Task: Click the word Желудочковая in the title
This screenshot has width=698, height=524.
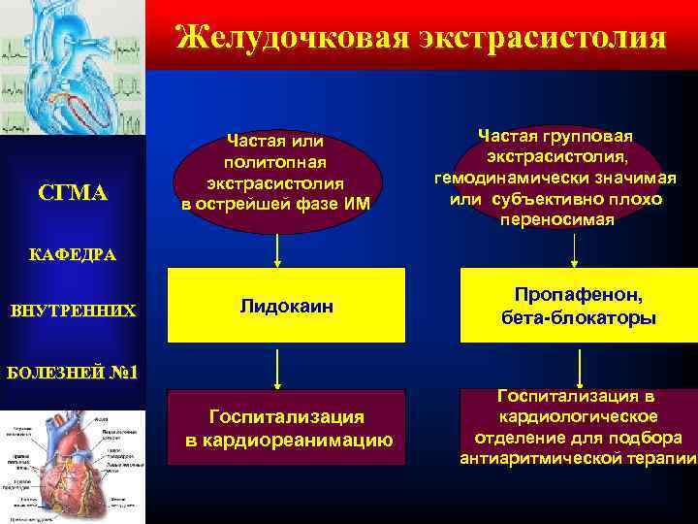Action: point(292,38)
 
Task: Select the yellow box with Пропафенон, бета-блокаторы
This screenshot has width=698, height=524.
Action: point(578,307)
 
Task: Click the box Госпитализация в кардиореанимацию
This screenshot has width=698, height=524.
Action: point(288,428)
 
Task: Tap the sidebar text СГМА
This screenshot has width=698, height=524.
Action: point(73,193)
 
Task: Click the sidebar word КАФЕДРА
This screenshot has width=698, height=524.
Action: point(73,255)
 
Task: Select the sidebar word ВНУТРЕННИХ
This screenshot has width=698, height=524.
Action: point(73,311)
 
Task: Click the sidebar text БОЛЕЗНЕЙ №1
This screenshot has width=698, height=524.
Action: point(73,372)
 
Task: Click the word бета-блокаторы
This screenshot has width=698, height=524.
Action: point(578,318)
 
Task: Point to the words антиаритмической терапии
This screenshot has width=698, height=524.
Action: point(578,458)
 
